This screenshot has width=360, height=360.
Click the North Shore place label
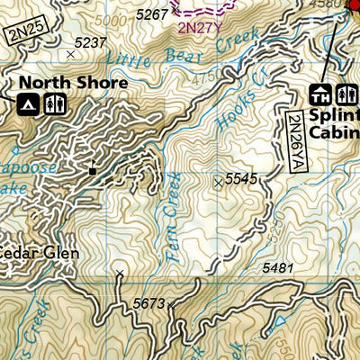pyautogui.click(x=73, y=83)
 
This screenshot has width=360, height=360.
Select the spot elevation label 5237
pyautogui.click(x=90, y=43)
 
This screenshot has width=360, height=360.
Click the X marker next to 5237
pyautogui.click(x=70, y=55)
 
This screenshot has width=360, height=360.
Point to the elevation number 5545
pyautogui.click(x=241, y=180)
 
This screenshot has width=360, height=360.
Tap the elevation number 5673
pyautogui.click(x=148, y=303)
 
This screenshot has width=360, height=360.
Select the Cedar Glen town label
pyautogui.click(x=40, y=253)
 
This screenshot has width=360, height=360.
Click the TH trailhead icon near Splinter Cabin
pyautogui.click(x=319, y=93)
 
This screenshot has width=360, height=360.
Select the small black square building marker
pyautogui.click(x=93, y=168)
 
